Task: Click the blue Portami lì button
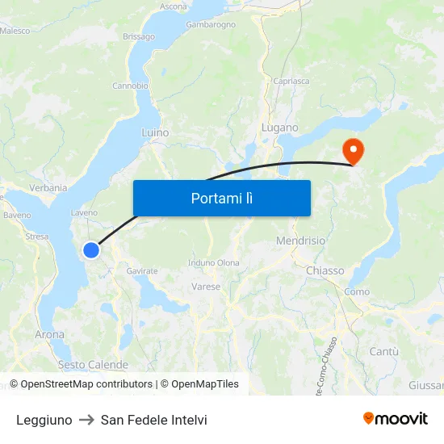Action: coord(221,198)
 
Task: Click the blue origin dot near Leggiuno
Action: coord(91,250)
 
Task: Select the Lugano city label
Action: coord(280,128)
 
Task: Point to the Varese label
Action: coord(206,287)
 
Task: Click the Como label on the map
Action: coord(357,291)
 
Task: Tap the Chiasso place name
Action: coord(325,270)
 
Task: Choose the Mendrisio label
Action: coord(300,241)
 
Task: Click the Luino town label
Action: coord(155,132)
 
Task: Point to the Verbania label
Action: coord(48,187)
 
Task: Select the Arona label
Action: coord(49,334)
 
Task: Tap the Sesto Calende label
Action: coord(93,365)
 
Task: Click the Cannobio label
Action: coord(130,86)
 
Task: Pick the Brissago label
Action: coord(139,36)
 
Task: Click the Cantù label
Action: coord(383,351)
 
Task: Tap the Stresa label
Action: coord(37,237)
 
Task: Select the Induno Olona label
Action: coord(214,262)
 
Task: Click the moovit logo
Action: coord(396,418)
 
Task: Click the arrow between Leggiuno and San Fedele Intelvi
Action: coord(86,420)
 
